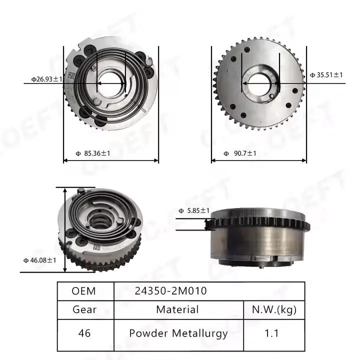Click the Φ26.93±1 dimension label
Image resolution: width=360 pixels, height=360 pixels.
(x=47, y=79)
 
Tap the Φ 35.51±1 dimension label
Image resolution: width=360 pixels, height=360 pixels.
(x=326, y=75)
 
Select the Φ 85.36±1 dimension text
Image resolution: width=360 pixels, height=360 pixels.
(x=93, y=153)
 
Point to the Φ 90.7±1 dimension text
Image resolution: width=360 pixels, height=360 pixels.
(x=240, y=153)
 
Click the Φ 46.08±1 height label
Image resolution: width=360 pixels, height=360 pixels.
(x=39, y=260)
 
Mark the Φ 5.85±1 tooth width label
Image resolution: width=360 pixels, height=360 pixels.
(x=194, y=210)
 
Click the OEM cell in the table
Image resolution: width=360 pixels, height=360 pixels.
(x=83, y=291)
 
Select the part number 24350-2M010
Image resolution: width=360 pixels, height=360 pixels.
(x=171, y=291)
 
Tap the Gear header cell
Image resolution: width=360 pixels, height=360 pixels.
(x=84, y=309)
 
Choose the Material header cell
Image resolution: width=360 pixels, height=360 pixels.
(x=177, y=309)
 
